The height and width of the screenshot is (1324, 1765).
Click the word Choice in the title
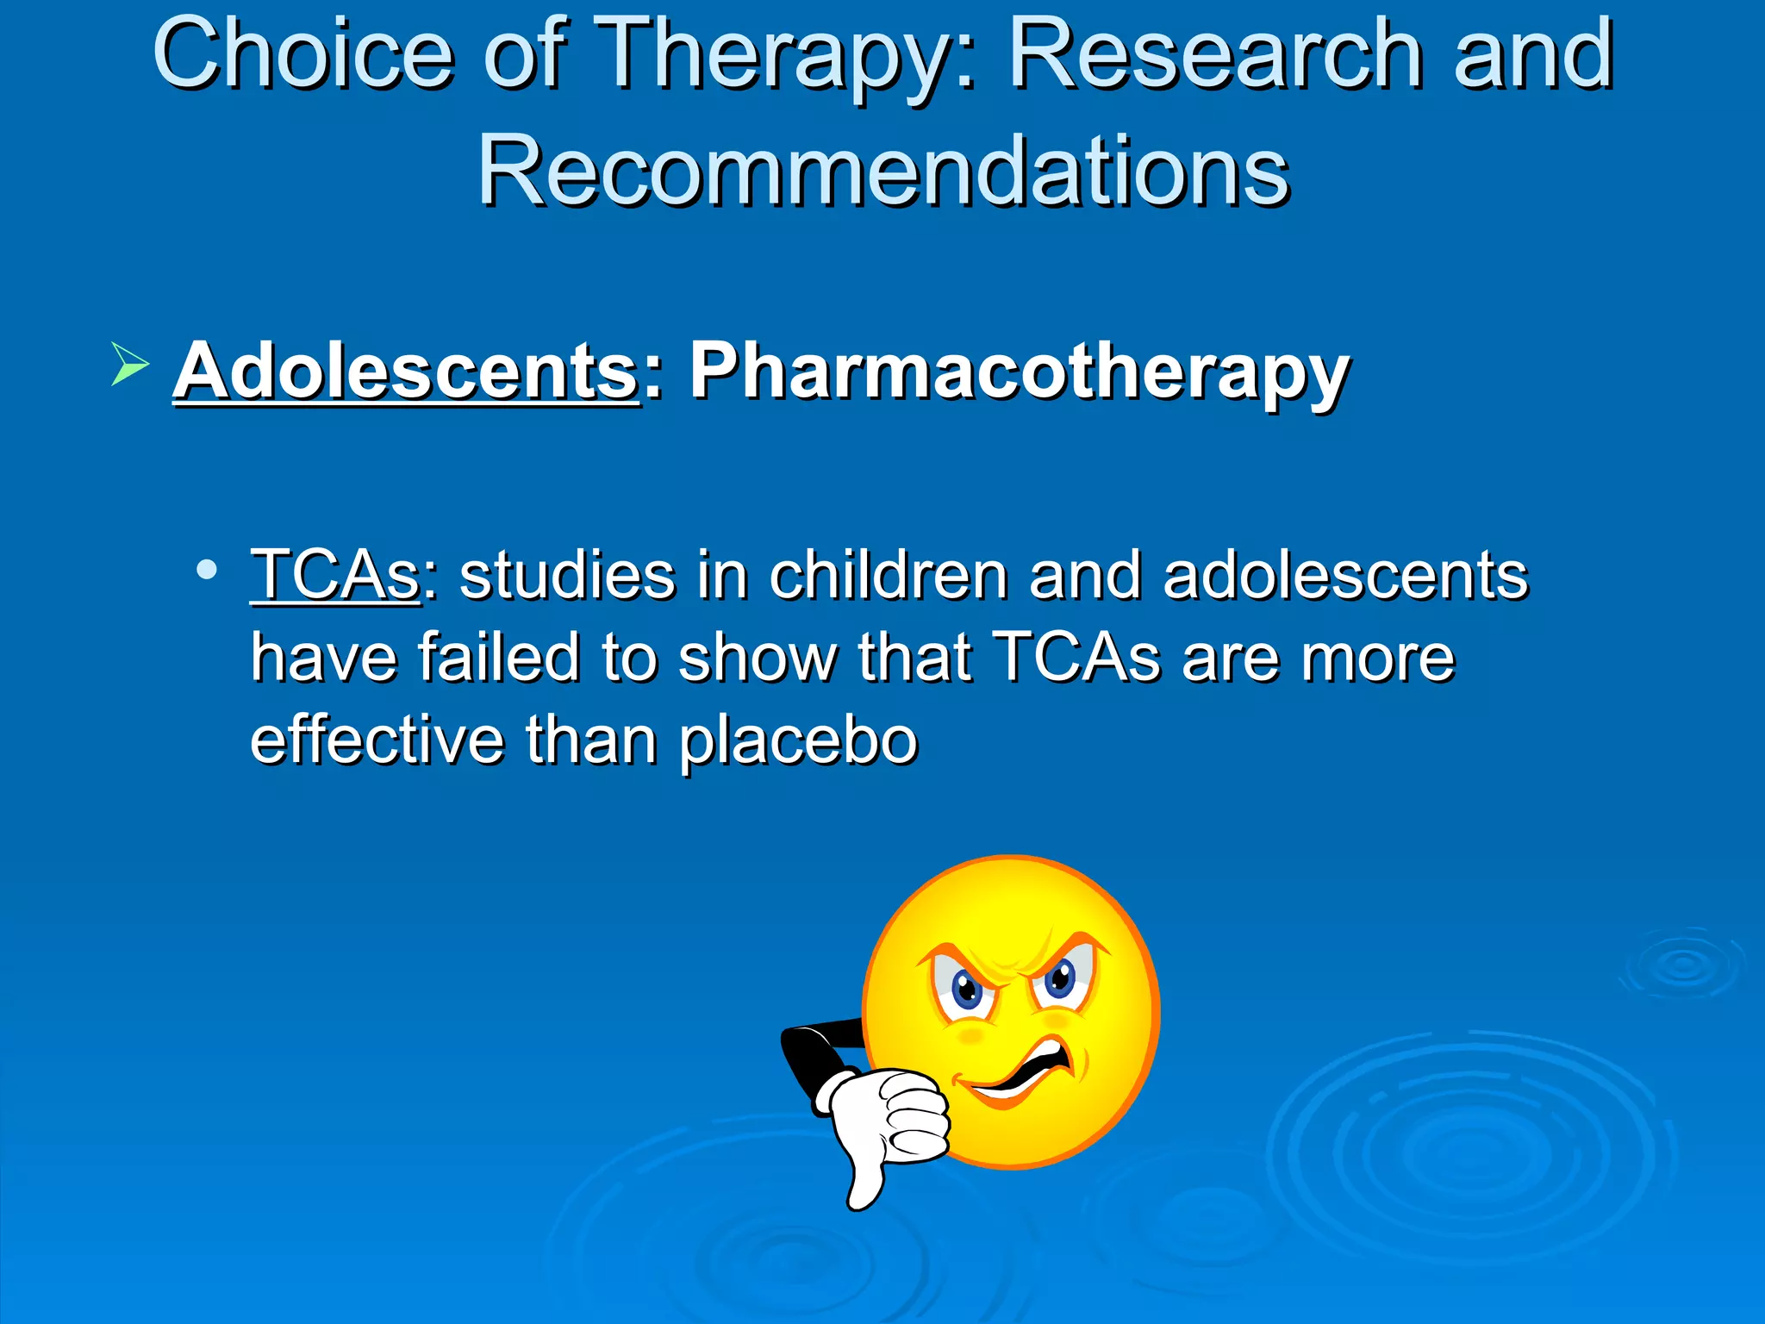click(x=302, y=55)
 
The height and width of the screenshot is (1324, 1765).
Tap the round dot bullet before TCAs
click(x=206, y=570)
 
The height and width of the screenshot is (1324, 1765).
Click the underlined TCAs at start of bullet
click(x=334, y=575)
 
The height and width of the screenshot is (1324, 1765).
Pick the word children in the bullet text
click(x=889, y=575)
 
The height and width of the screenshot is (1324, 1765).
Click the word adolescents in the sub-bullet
click(x=1345, y=575)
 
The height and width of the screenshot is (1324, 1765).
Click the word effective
click(x=377, y=740)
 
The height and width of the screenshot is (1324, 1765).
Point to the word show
click(x=758, y=658)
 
